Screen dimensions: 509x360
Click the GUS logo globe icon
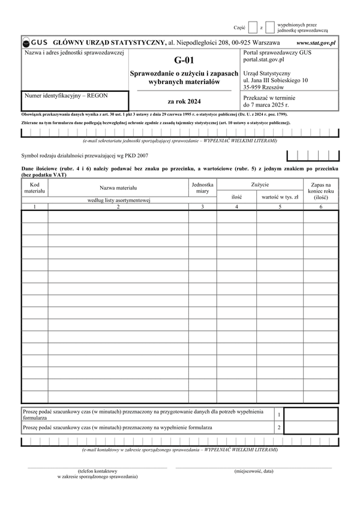tap(26, 43)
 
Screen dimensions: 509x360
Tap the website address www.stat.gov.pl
tap(316, 43)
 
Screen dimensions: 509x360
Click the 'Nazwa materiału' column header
tap(118, 188)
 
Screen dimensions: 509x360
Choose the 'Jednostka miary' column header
tap(203, 187)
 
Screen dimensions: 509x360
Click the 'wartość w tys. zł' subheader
tap(280, 196)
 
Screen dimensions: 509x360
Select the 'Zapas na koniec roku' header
tap(320, 189)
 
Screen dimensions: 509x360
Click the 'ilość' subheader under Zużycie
tap(236, 196)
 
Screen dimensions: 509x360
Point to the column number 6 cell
tap(320, 206)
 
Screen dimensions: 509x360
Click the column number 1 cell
tap(35, 206)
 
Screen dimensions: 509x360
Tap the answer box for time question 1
tap(310, 415)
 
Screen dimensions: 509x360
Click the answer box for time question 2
tap(310, 428)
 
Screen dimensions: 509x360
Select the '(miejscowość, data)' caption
tap(254, 471)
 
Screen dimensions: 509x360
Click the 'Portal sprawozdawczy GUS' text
tap(277, 53)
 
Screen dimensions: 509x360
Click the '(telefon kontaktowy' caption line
tap(97, 471)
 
